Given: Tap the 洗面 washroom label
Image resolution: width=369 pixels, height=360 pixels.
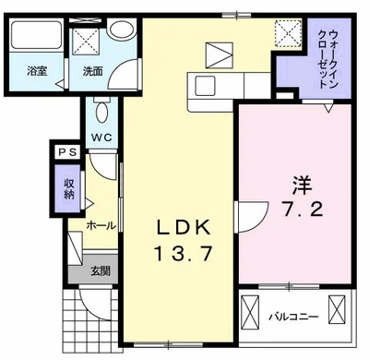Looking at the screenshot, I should point(94,70).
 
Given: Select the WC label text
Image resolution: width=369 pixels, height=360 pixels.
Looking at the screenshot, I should point(101,139).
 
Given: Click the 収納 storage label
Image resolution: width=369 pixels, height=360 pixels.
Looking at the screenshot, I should point(70,188).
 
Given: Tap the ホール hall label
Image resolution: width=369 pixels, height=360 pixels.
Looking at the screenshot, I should point(101,224).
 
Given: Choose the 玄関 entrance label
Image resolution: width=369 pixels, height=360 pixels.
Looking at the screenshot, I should point(101,270).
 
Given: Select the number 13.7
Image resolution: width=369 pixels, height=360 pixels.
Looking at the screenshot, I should point(182,252).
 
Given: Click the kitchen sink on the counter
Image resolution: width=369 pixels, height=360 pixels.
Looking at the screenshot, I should point(205,85).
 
